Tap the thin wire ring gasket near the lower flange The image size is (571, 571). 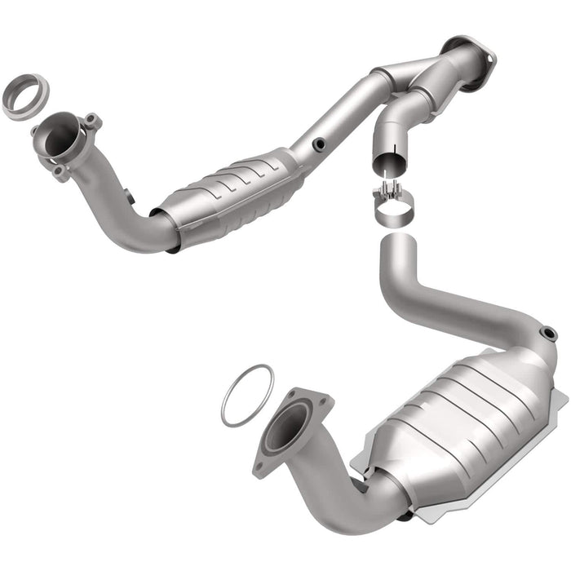pos(247,396)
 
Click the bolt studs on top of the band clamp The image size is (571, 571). pos(391,193)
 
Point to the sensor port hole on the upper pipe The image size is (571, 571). pos(317,144)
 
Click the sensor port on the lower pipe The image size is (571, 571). pos(548,334)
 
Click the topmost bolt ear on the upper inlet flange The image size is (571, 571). pos(92,121)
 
